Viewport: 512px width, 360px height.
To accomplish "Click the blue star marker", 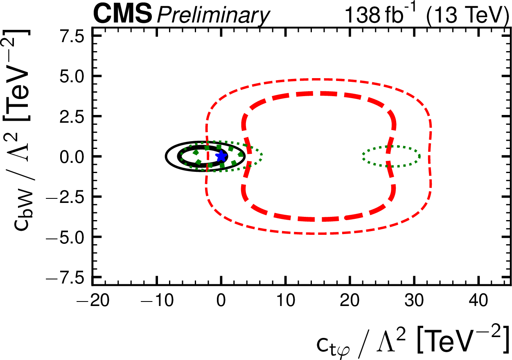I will point(221,156).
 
